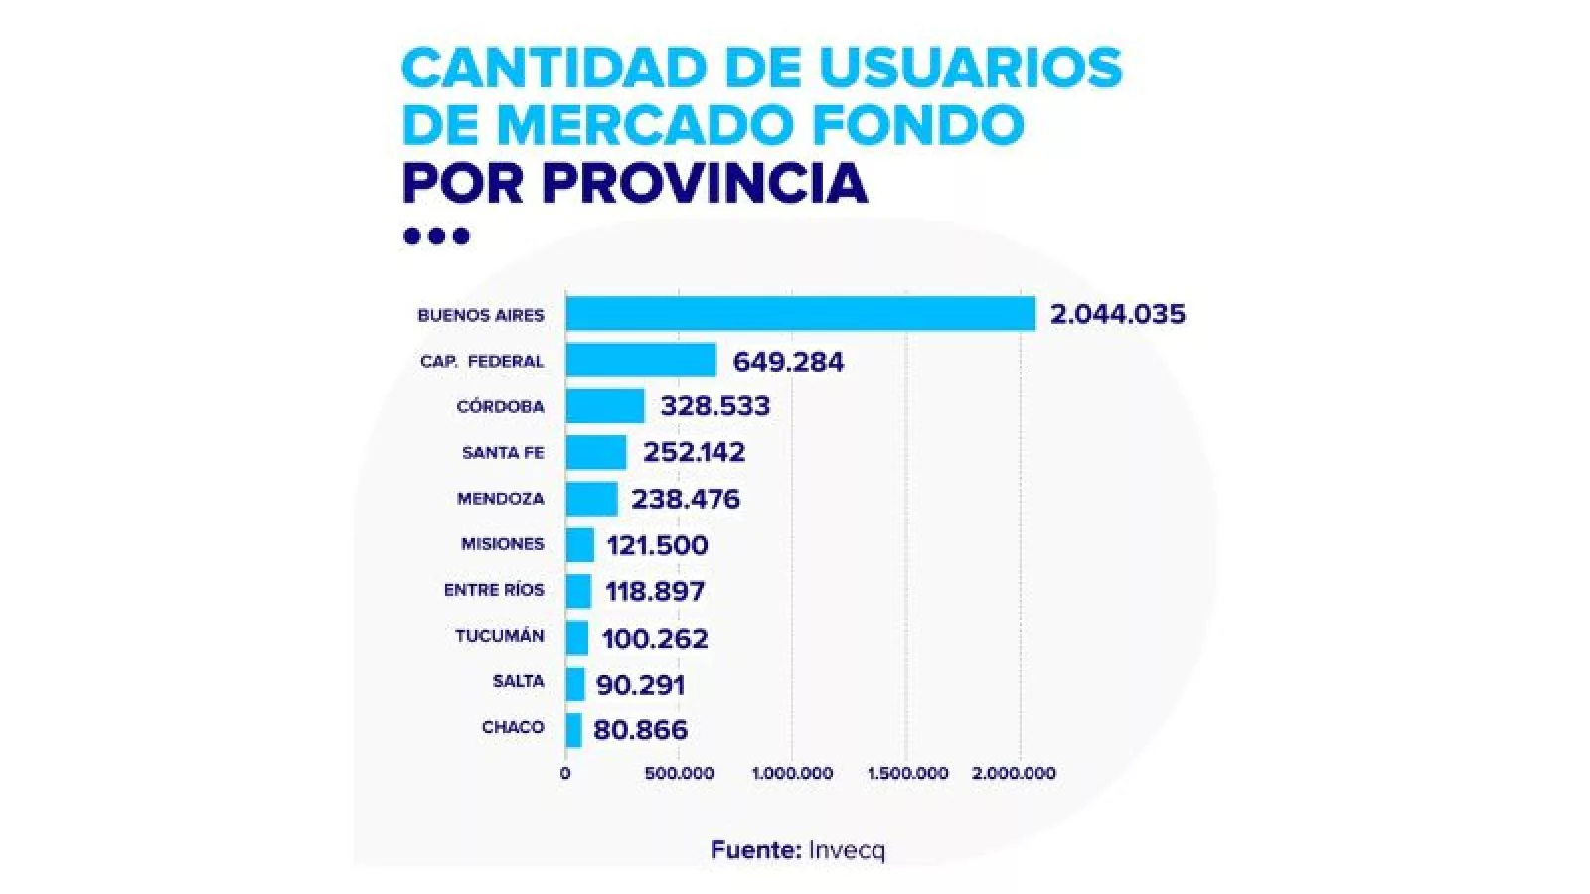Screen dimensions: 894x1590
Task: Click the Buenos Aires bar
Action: coord(800,314)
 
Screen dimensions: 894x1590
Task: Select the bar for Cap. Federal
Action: coord(641,360)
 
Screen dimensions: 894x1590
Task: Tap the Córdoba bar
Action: coord(605,405)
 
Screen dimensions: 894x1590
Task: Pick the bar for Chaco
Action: coord(573,729)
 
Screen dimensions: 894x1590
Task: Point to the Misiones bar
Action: coord(580,544)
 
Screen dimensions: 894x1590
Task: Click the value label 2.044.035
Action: coord(1118,315)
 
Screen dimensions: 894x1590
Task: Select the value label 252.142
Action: coord(694,453)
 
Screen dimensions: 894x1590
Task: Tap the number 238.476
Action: coord(686,499)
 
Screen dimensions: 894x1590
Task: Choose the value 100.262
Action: coord(655,638)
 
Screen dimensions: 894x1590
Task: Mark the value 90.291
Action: coord(641,684)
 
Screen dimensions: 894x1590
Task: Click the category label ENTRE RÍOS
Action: coord(494,590)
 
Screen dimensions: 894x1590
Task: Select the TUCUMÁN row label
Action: coord(500,636)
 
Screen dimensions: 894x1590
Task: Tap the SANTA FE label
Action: coord(503,453)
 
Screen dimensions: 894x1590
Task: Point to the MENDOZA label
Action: coord(501,499)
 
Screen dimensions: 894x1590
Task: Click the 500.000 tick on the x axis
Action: coord(679,773)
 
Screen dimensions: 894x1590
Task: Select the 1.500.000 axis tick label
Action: coord(907,773)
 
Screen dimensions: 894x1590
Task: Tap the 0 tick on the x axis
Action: coord(565,773)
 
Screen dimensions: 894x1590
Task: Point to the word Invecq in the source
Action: coord(846,850)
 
